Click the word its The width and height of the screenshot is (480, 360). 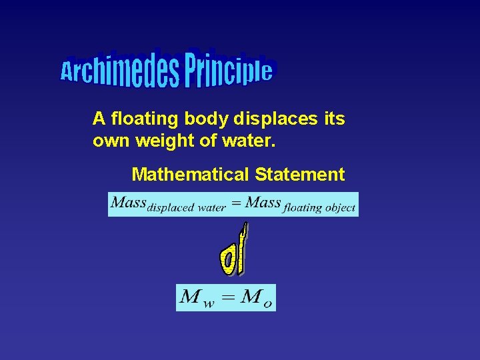click(334, 119)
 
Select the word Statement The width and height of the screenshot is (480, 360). click(299, 175)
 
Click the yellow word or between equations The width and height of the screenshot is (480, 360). click(233, 253)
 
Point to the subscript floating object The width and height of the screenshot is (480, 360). click(319, 208)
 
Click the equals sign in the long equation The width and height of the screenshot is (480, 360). click(235, 202)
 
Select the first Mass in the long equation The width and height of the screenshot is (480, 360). click(129, 202)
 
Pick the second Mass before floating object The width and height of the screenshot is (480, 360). click(263, 202)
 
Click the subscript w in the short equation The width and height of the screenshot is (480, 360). click(209, 303)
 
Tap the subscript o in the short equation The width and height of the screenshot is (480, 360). click(267, 303)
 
